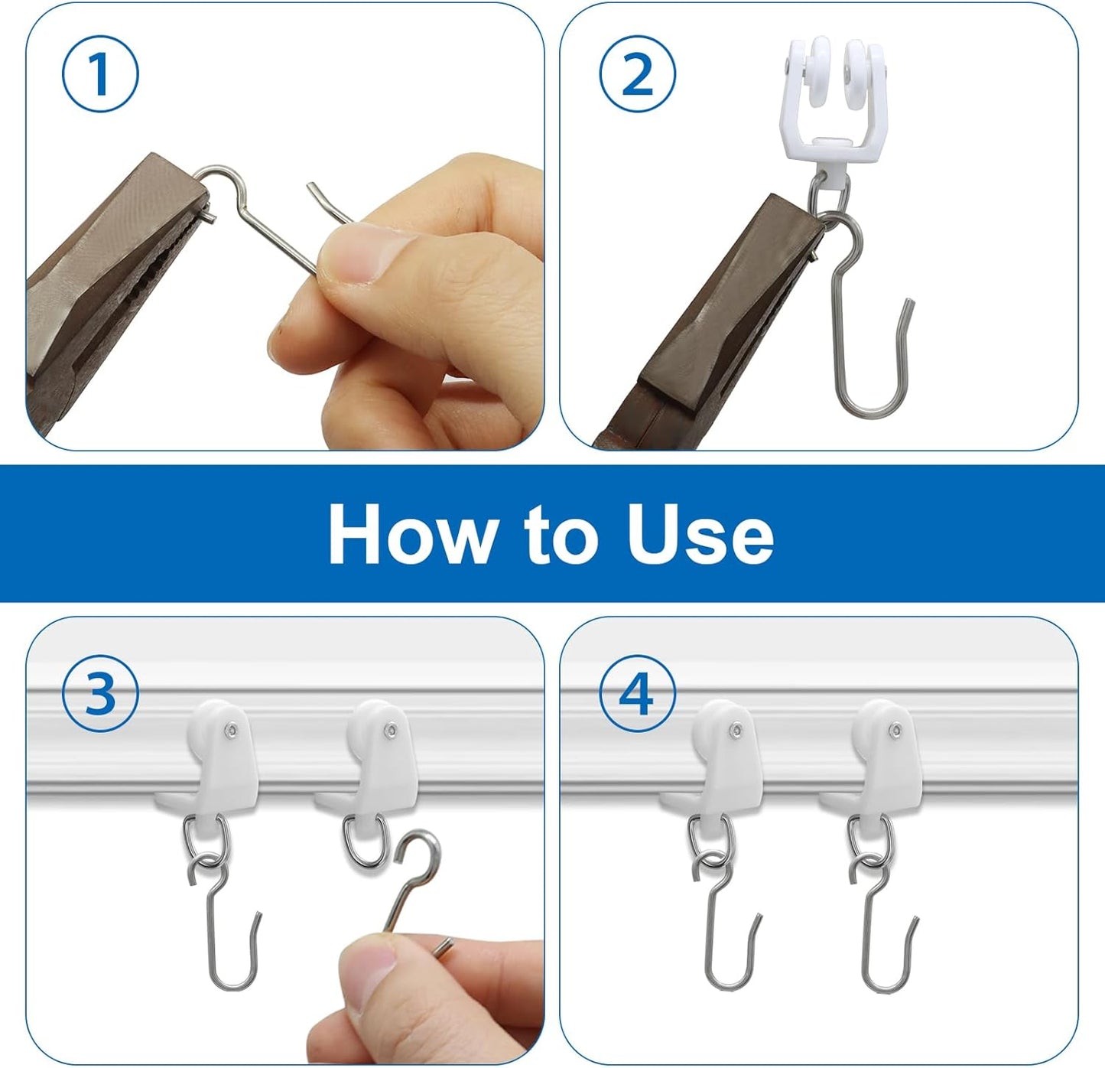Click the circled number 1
click(x=100, y=74)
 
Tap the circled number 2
click(x=638, y=74)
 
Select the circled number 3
click(x=100, y=694)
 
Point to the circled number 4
click(x=638, y=694)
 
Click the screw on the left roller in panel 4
click(x=736, y=729)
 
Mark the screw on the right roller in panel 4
click(x=896, y=729)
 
